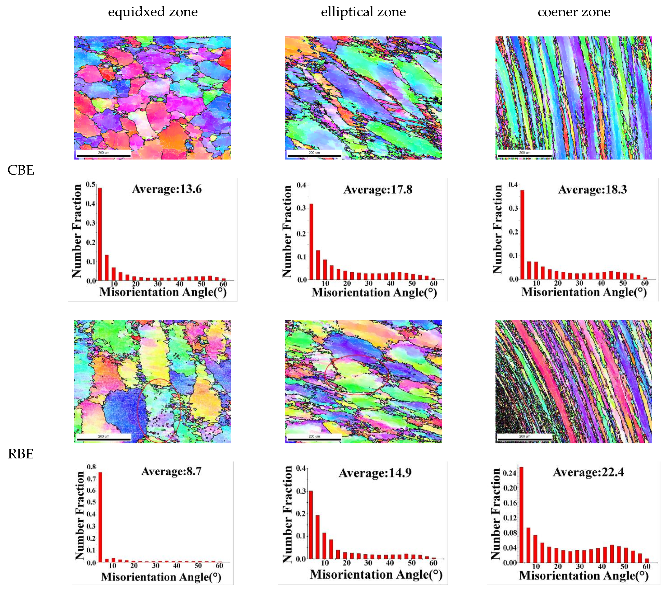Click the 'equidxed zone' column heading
[153, 12]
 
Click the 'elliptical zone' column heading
[363, 12]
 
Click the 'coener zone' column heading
[574, 12]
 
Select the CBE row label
[21, 170]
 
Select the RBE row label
[21, 454]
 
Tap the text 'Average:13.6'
[167, 189]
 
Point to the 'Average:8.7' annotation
[171, 471]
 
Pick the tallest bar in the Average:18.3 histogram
[522, 234]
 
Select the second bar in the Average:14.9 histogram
[317, 537]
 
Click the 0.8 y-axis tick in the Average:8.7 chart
[91, 467]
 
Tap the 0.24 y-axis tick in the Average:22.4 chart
[510, 473]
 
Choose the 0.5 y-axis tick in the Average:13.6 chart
[90, 184]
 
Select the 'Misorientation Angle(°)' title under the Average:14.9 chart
[376, 574]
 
